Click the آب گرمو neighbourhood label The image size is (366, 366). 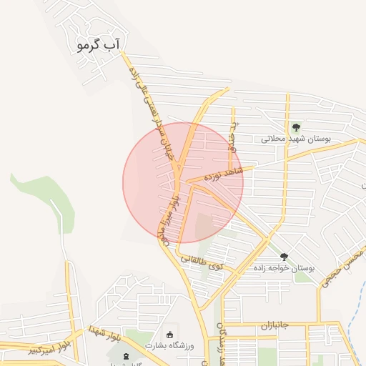[99, 45]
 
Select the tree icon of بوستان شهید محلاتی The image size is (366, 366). [296, 127]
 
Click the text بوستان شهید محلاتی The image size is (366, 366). [295, 139]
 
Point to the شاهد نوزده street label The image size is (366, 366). [224, 174]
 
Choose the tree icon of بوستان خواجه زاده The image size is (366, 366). [284, 257]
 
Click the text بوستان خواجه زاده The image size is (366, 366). [284, 267]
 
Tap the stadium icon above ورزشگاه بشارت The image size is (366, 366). [169, 335]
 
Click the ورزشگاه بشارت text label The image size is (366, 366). [169, 345]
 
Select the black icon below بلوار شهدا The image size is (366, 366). [127, 356]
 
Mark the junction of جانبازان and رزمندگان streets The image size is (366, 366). [222, 323]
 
